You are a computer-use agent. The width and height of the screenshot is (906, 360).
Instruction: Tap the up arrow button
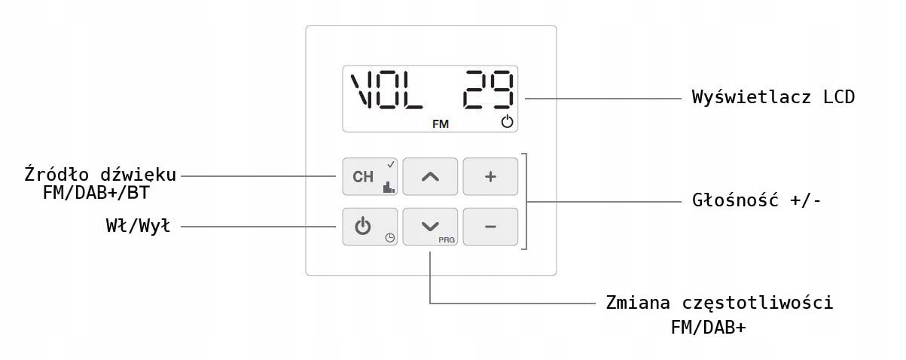tap(429, 177)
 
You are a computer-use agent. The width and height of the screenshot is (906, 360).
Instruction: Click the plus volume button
tap(490, 177)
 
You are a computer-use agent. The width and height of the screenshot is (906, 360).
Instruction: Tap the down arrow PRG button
tap(429, 225)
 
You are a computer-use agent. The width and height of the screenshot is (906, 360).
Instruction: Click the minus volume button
tap(490, 226)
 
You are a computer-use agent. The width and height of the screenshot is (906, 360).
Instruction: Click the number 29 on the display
tap(489, 90)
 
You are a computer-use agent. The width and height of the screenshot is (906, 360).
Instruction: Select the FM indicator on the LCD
tap(441, 124)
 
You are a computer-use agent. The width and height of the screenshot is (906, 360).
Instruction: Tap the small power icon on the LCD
tap(507, 122)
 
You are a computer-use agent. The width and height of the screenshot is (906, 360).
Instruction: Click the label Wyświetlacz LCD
tap(773, 97)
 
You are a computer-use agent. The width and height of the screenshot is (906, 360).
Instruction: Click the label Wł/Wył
tap(138, 225)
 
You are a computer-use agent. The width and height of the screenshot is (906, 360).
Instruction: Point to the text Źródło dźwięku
tap(100, 175)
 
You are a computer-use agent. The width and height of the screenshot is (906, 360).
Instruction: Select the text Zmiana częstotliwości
tap(719, 303)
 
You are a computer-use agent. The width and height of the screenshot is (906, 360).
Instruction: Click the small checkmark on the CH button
tap(391, 163)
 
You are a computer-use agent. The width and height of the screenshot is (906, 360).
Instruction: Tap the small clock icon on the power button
tap(389, 238)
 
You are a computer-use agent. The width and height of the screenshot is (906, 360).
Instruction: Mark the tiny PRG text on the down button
tap(447, 239)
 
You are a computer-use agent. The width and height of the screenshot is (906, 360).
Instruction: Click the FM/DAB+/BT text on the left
tap(101, 193)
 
